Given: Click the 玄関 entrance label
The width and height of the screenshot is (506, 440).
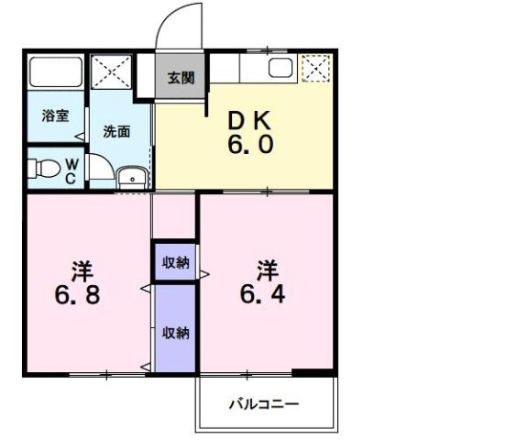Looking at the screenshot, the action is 181,78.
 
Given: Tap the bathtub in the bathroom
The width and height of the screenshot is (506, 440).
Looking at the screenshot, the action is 56,72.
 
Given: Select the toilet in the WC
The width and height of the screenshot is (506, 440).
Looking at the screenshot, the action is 44,169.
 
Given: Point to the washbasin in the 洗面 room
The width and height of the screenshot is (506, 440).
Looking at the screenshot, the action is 132,178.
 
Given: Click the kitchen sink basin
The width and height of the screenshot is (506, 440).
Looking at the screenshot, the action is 280,68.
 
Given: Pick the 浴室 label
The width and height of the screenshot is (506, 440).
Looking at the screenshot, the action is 56,115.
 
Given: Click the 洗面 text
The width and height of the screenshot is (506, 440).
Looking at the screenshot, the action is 116,132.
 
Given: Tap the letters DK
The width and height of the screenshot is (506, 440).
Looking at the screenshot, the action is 249,120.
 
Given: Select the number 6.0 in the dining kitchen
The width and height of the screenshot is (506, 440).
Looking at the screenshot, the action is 250,144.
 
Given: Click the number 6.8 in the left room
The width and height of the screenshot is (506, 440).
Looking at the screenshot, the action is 77,295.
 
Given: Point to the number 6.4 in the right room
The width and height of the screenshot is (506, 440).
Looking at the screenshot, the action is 263,294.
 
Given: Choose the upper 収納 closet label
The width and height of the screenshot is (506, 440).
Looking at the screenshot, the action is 176,263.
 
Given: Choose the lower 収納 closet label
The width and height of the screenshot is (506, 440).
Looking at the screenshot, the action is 176,333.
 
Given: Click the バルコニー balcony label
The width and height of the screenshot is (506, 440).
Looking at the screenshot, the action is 264,404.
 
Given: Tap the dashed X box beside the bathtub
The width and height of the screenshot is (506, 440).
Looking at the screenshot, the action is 111,71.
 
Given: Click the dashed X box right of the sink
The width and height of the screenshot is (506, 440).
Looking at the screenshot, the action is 316,68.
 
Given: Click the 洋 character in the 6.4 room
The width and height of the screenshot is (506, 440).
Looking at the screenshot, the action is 268,270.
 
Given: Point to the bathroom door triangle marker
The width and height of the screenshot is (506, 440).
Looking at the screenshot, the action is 80,137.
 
